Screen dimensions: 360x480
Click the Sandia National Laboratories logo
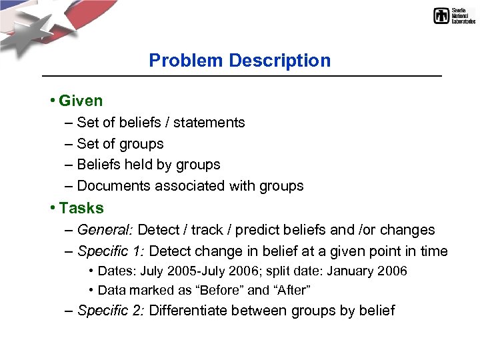[x=454, y=16]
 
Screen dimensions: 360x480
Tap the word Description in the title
[x=280, y=61]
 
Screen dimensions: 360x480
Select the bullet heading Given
[x=81, y=101]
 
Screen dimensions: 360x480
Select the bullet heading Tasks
[x=81, y=208]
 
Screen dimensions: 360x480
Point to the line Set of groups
[x=120, y=144]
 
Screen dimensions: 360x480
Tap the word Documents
[x=114, y=186]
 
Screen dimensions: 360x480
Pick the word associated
[x=191, y=186]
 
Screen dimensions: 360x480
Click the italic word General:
[x=105, y=230]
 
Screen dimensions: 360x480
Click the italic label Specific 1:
[x=111, y=251]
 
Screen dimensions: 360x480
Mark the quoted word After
[x=293, y=290]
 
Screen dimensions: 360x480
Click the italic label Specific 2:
[x=111, y=311]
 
